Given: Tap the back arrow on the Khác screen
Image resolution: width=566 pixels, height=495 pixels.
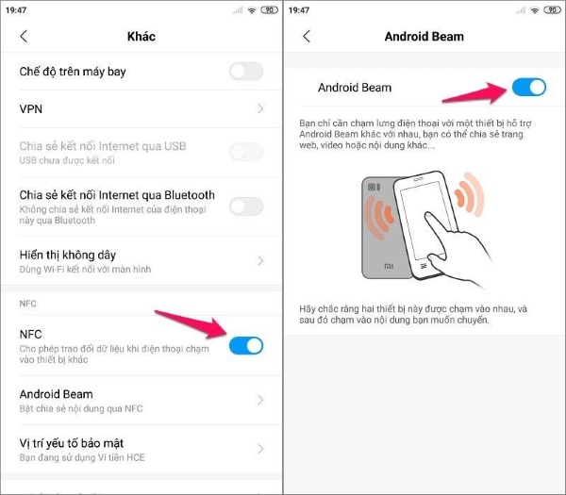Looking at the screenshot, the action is point(24,36).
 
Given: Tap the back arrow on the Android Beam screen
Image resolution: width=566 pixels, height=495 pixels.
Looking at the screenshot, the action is point(307,36).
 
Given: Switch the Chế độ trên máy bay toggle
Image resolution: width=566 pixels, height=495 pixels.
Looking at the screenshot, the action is point(246,71).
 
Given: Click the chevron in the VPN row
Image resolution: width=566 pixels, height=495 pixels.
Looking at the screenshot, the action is point(260,108).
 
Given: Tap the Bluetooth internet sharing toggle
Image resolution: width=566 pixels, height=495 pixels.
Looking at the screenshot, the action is point(246,206).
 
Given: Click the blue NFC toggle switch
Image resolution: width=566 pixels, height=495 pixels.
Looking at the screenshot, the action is point(246,346).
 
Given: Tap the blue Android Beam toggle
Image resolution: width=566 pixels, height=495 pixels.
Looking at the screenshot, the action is point(529,88).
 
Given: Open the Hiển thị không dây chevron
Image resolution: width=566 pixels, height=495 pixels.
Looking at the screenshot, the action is point(260,260).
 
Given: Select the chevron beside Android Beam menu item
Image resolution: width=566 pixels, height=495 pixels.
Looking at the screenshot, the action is point(260,400).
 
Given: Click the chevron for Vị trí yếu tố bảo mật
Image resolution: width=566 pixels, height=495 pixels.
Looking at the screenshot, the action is point(260,449).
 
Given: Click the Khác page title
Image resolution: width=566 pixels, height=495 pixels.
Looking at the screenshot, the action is point(141,37).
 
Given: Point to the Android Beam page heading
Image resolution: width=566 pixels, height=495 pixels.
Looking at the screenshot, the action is point(424,37).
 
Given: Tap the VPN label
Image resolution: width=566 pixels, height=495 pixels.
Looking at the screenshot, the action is point(31,109).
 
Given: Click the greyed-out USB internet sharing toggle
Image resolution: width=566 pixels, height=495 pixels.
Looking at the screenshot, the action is point(246,152).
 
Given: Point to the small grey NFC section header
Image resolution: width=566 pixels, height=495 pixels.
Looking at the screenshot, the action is point(27,304).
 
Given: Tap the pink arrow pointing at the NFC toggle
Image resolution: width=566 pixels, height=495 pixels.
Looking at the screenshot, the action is point(191,324).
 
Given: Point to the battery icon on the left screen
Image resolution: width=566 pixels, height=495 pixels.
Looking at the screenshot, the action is point(269,10).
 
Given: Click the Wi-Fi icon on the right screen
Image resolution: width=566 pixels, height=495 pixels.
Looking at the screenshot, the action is point(535,10).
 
